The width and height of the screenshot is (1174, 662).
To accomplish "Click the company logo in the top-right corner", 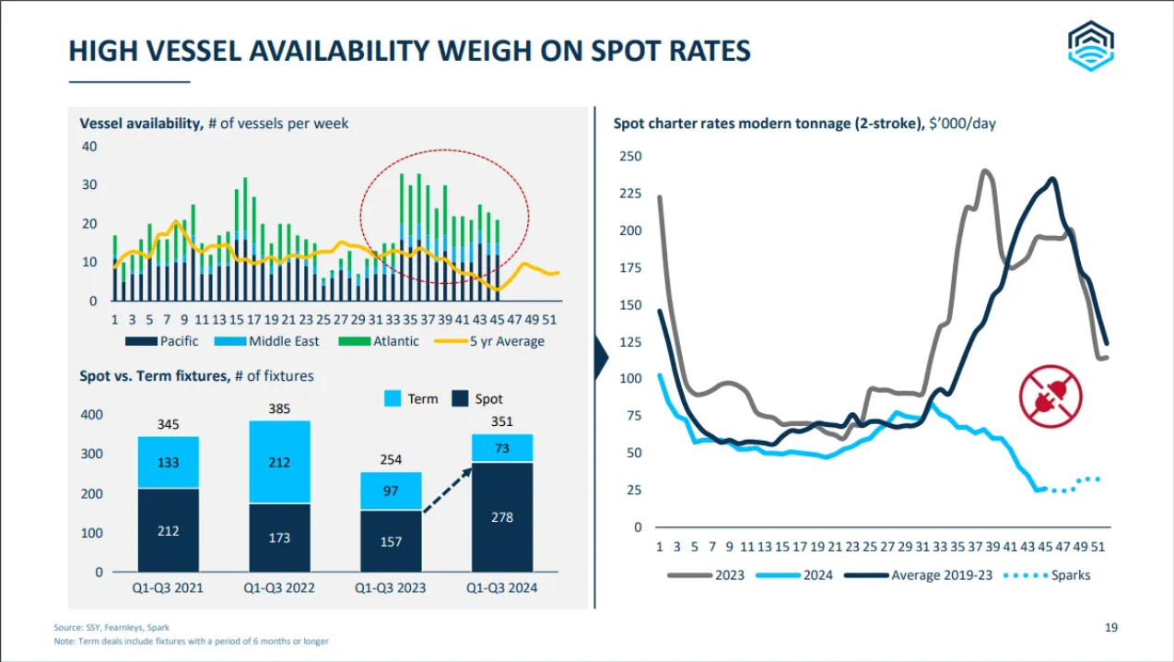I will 1091,45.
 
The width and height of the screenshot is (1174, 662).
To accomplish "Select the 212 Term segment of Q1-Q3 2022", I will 280,463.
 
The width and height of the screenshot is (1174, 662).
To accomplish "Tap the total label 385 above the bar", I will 280,406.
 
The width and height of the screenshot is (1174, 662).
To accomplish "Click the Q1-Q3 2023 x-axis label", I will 392,587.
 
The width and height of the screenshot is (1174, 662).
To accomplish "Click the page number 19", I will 1111,628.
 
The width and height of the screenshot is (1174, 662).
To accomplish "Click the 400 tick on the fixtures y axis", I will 91,415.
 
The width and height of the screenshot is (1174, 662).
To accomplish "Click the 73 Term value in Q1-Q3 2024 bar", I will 502,448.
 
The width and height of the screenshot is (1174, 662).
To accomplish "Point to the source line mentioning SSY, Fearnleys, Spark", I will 111,628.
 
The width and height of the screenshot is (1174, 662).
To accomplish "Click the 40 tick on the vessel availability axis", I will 89,147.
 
